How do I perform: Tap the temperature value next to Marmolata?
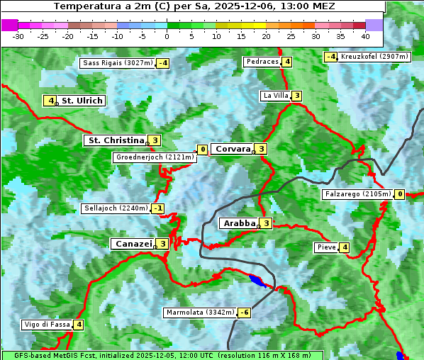[245, 313]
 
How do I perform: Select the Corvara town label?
[233, 149]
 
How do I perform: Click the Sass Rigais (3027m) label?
[118, 63]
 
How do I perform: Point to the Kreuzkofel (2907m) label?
[374, 57]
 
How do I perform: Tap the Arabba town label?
[238, 223]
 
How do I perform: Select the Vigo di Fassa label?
[47, 325]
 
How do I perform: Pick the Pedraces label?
[262, 62]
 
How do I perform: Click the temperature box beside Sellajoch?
[158, 208]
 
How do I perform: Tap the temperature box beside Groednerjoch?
[202, 150]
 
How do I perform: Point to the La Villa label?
[275, 96]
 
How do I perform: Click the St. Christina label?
[115, 140]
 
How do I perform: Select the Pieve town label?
[326, 247]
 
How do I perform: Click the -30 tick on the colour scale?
[18, 36]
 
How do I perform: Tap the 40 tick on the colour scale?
[365, 36]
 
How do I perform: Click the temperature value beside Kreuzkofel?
[330, 57]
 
